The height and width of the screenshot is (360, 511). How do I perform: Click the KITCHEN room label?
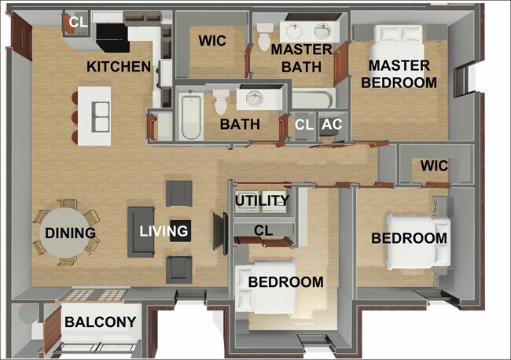[x=119, y=66]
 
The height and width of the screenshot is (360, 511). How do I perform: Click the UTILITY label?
[x=263, y=201]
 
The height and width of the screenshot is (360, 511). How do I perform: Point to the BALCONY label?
[x=100, y=321]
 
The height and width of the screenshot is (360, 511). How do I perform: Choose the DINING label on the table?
[x=70, y=233]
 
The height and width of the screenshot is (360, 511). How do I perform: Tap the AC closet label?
[x=332, y=124]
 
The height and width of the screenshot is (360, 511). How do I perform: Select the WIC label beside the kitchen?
[x=212, y=41]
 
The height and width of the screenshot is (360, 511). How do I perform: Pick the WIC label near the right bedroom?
[x=435, y=166]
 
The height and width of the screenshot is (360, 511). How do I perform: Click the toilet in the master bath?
[x=263, y=33]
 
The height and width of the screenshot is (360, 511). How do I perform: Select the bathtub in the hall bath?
[x=189, y=116]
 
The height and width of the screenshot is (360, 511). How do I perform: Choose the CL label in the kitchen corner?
[x=78, y=22]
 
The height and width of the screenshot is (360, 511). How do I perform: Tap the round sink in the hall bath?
[x=254, y=98]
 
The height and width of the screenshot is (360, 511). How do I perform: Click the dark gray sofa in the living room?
[x=142, y=231]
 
